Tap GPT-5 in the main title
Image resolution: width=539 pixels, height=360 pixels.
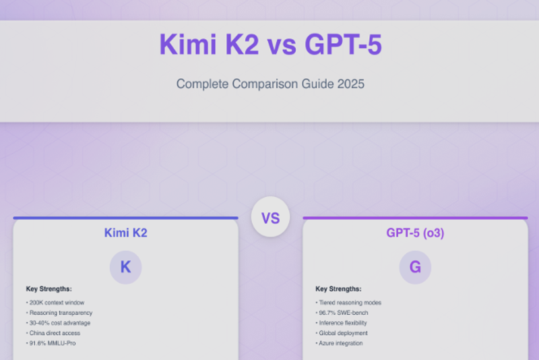343,44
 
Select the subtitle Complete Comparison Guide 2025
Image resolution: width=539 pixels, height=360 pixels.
269,84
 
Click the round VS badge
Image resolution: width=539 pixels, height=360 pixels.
270,218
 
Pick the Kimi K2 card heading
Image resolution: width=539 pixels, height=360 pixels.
125,233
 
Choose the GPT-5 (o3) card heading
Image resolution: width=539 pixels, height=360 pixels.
415,233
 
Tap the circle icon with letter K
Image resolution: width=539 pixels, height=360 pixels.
125,267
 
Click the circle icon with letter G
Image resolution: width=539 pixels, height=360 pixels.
415,267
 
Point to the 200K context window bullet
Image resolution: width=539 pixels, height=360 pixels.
57,303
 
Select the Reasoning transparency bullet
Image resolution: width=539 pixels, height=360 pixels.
60,313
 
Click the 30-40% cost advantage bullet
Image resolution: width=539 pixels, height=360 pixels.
59,323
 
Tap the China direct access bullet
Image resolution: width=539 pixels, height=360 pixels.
55,333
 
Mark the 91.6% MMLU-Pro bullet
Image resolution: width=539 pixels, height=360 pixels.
53,343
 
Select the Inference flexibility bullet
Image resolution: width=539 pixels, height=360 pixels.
344,323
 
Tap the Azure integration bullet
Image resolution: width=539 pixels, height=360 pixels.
340,343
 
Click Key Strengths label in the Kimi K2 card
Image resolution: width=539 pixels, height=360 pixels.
49,289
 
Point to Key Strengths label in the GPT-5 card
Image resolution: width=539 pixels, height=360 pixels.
338,289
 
